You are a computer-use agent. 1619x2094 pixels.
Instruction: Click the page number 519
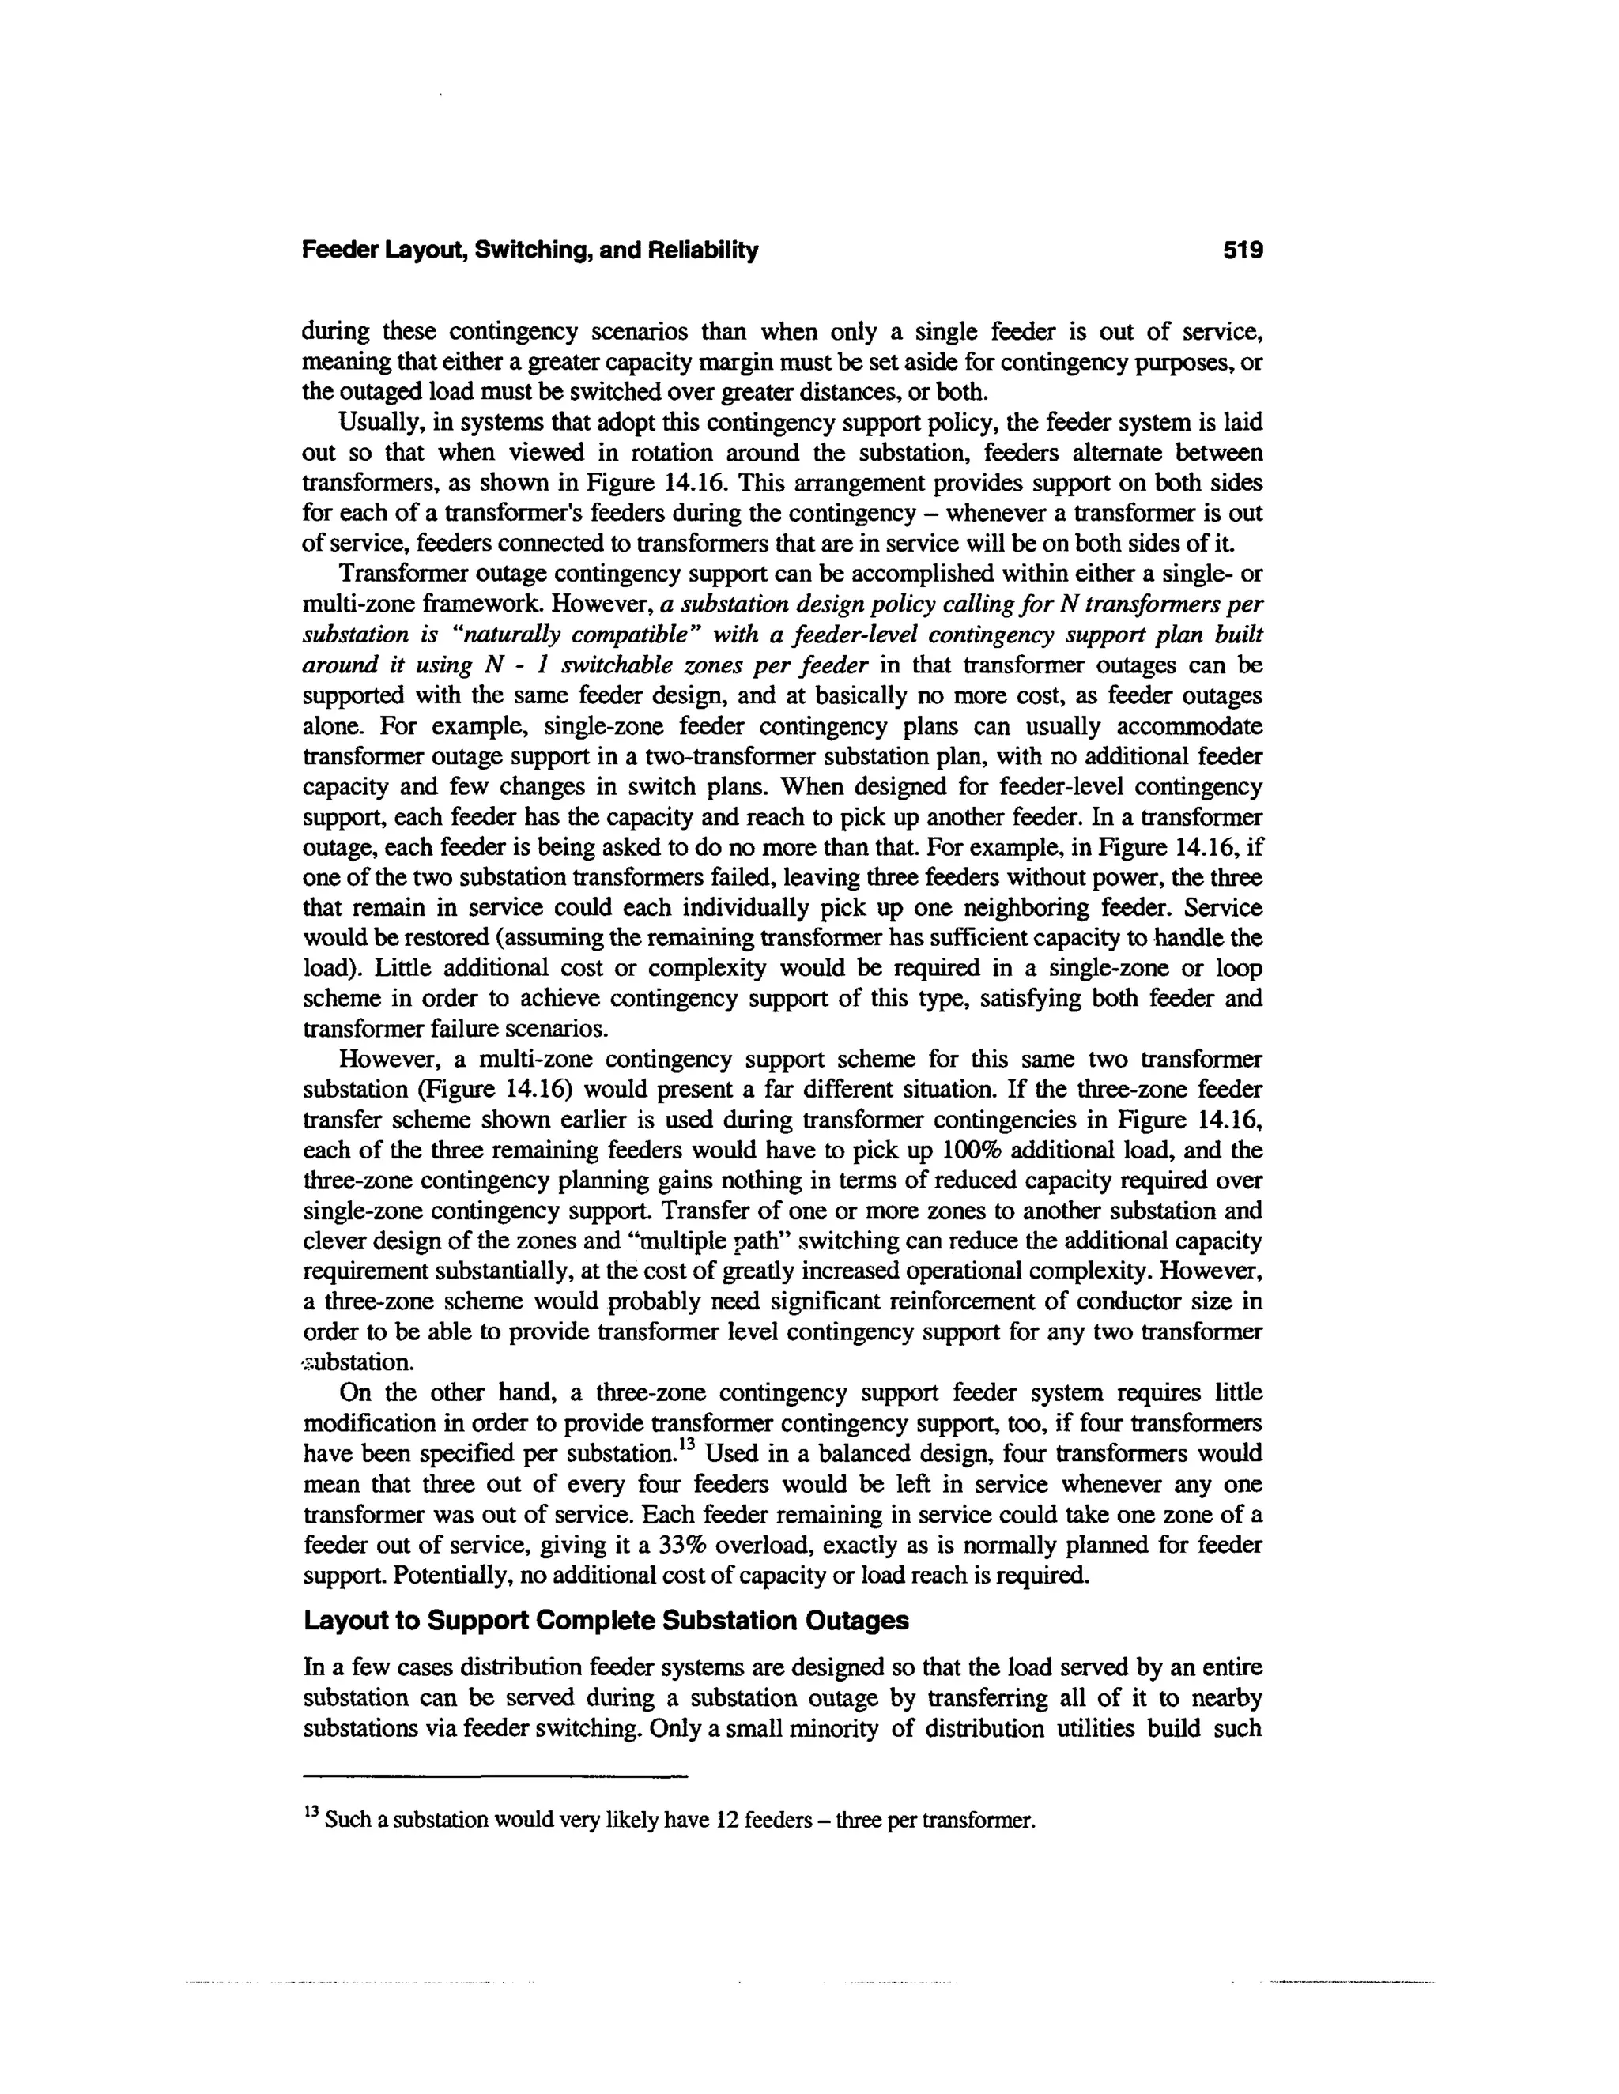coord(1243,251)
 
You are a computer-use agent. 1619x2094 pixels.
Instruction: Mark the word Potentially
coord(353,1576)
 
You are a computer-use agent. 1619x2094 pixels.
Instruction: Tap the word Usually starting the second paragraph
coord(377,422)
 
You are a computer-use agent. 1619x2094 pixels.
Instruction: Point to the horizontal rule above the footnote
coord(495,1776)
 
